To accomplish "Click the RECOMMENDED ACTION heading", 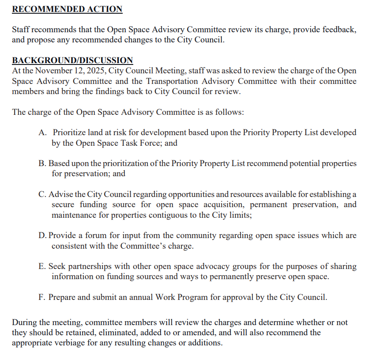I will (67, 9).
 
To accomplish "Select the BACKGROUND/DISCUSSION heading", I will (72, 61).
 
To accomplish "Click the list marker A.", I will (42, 133).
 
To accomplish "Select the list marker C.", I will (42, 194).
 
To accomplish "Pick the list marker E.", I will (42, 266).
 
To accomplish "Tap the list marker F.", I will (42, 297).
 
